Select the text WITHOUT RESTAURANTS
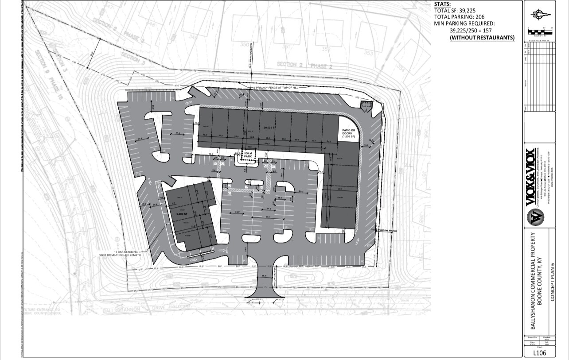(x=482, y=38)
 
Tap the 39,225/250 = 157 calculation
(x=473, y=31)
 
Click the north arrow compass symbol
(x=540, y=15)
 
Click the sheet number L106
(x=540, y=353)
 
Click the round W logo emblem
(x=535, y=217)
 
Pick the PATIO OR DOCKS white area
(x=349, y=132)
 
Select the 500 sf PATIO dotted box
(x=247, y=155)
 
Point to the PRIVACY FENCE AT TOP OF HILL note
(x=276, y=88)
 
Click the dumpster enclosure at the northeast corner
(x=365, y=105)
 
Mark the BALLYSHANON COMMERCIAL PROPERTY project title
(x=533, y=281)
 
